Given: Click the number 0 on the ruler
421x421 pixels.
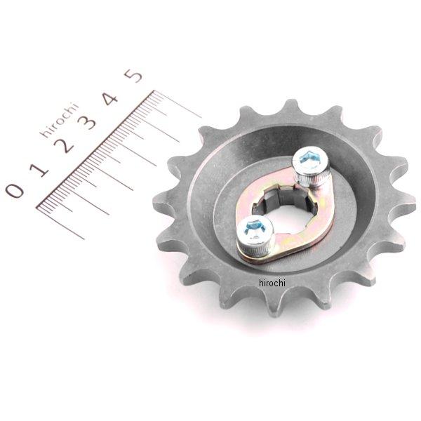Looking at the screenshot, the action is pos(15,190).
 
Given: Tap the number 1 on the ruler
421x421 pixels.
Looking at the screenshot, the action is pos(39,170).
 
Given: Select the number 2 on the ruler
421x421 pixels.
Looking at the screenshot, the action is pos(64,146).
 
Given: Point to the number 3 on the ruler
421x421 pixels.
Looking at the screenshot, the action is pos(86,123).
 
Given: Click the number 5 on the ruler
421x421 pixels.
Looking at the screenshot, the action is pos(133,76).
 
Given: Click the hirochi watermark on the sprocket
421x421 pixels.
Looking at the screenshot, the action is pos(272,283).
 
